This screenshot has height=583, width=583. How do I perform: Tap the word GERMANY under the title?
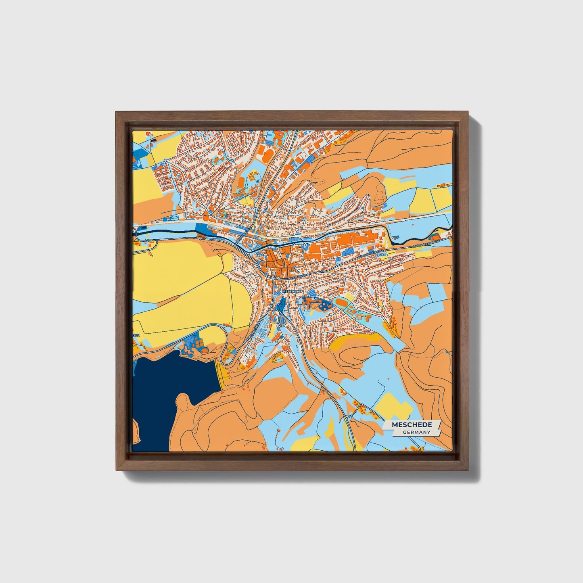coord(416,432)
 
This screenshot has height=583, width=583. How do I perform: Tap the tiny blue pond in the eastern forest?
coord(448,353)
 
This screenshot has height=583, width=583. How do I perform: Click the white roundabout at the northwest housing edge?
coord(166,161)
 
